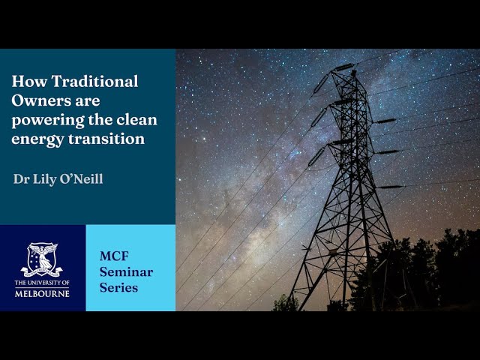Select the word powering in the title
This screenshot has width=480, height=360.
click(44, 120)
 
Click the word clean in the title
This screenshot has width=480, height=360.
click(136, 119)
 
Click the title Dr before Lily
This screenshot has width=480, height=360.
click(21, 179)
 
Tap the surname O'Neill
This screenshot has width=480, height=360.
click(82, 179)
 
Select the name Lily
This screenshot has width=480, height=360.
click(44, 179)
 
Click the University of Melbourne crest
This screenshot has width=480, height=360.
click(42, 259)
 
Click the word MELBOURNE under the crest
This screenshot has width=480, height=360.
click(42, 292)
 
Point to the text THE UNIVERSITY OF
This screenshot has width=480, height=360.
click(42, 283)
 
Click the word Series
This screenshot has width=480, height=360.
click(118, 288)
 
